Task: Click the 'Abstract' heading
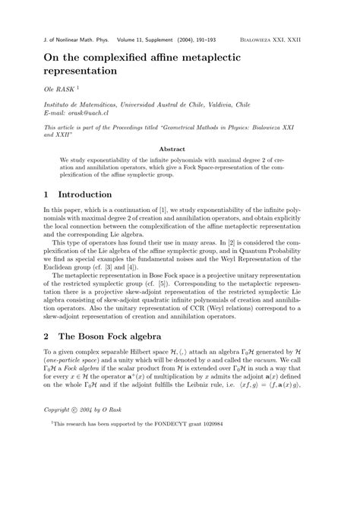[179, 149]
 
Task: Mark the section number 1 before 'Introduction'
[47, 194]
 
